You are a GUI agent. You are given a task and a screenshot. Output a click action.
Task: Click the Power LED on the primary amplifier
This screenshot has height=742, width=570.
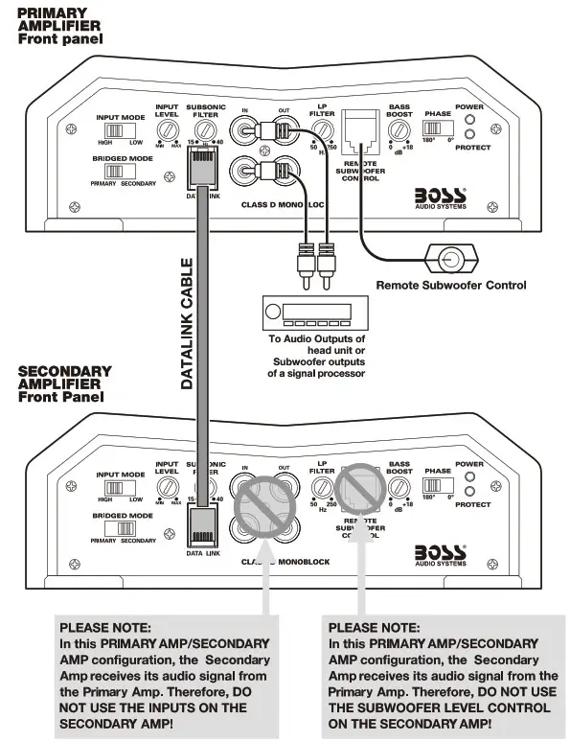469,120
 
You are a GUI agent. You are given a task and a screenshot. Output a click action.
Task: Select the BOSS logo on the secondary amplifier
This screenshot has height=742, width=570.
441,555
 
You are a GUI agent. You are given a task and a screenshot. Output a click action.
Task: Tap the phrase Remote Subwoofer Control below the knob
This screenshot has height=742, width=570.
450,285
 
